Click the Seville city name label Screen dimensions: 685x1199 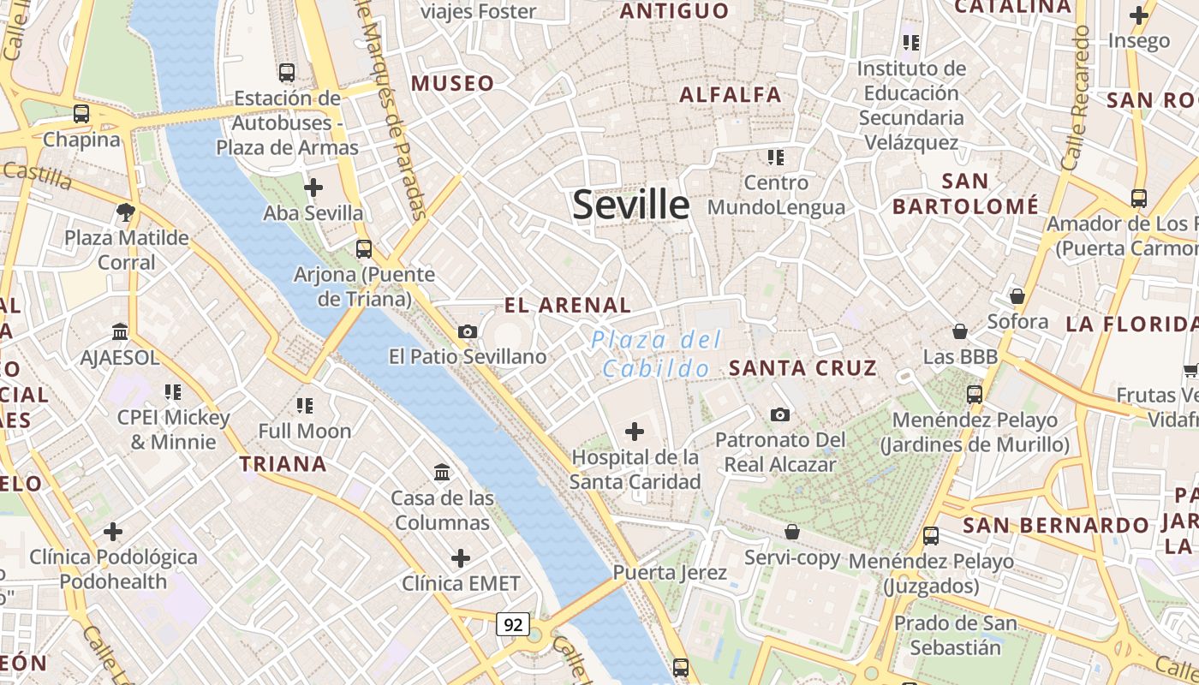[x=630, y=205]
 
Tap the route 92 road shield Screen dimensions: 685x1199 [x=513, y=624]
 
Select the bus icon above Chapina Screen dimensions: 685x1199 [x=81, y=113]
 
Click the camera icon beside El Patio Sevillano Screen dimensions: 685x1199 [x=468, y=331]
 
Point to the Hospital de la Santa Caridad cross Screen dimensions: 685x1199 [x=635, y=432]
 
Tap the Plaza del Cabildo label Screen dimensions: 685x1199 [x=656, y=354]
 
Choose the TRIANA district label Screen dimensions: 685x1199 [x=283, y=464]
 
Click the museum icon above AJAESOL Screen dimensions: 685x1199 [x=120, y=331]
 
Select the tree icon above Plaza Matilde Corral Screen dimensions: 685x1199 [x=126, y=211]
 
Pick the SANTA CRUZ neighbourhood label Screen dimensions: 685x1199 [x=802, y=368]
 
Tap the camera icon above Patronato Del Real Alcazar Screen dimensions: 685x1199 [x=779, y=414]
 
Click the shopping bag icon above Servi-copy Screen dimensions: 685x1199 [x=792, y=532]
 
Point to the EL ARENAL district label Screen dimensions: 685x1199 [x=567, y=305]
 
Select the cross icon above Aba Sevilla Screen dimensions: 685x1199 [x=313, y=187]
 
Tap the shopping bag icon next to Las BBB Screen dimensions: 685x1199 [x=960, y=331]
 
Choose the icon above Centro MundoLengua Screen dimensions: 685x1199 [x=776, y=157]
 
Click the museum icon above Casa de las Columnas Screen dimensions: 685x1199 [x=442, y=472]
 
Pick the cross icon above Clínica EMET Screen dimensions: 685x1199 [x=461, y=558]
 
